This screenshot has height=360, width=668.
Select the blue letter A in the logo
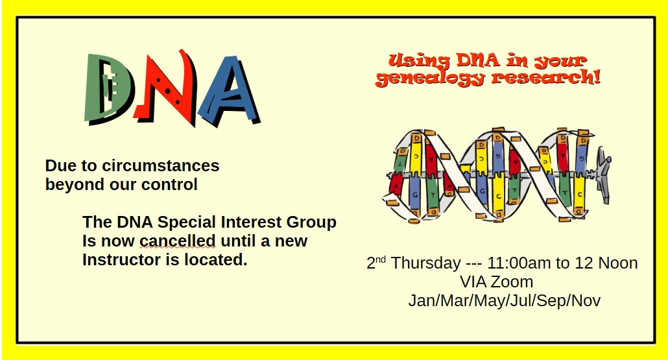click(228, 90)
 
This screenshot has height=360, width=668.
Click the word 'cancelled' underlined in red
click(178, 241)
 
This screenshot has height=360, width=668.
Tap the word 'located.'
click(217, 260)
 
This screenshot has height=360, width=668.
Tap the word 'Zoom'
click(512, 282)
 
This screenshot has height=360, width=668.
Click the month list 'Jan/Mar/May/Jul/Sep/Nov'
click(504, 301)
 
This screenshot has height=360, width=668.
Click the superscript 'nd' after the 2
click(381, 259)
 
